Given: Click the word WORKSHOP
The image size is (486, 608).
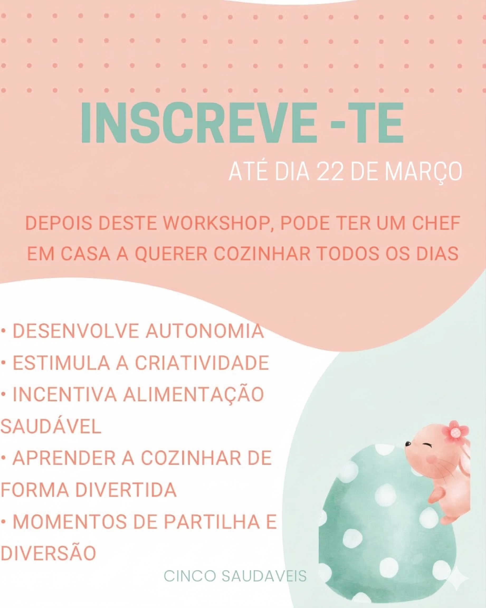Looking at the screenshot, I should [216, 223].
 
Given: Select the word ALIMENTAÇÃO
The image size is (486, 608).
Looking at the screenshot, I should [193, 395].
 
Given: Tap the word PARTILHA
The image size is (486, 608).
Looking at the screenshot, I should [212, 522].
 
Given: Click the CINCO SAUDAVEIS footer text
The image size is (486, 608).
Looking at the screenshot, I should [235, 576].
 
